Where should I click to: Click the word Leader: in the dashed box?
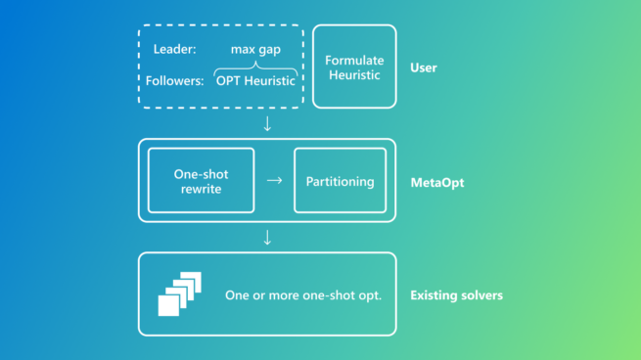tap(175, 49)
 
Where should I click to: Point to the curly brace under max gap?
tap(254, 65)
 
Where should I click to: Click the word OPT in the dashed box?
tap(229, 81)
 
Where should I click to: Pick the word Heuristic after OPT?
tap(271, 81)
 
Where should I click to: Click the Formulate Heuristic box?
tap(354, 67)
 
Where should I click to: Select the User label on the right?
tap(424, 68)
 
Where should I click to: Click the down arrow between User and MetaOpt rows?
tap(267, 123)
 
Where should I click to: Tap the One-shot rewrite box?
tap(201, 181)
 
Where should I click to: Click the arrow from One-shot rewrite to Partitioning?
tap(274, 181)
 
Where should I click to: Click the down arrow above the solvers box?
tap(267, 238)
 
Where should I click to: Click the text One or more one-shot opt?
tap(303, 294)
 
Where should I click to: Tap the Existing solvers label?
tap(456, 294)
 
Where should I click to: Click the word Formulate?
tap(354, 60)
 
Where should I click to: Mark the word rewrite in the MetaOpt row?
tap(201, 189)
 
